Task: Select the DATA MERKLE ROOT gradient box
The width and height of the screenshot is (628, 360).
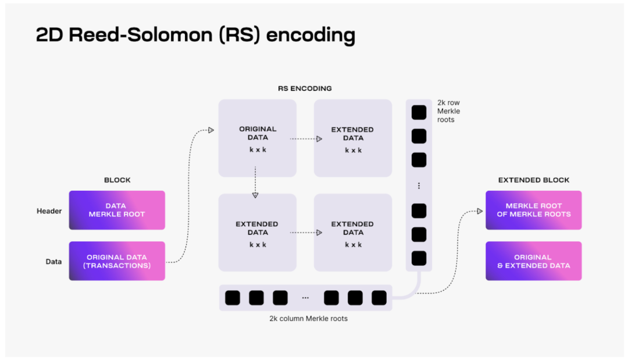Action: [117, 210]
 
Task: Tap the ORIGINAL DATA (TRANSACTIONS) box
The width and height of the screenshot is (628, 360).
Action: [117, 261]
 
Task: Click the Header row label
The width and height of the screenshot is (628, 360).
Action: [49, 211]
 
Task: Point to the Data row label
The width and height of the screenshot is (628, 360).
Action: [53, 262]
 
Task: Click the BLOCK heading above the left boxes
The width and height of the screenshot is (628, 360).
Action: [117, 180]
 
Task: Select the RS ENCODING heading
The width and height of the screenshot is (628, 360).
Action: [305, 89]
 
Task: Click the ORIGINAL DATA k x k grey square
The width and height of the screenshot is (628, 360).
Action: [258, 138]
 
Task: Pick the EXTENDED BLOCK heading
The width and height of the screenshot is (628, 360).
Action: [534, 180]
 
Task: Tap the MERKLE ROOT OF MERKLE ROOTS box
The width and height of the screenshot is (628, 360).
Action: [534, 210]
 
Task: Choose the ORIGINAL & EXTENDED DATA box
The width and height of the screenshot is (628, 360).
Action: [534, 261]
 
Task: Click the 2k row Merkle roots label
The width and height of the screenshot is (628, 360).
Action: [448, 111]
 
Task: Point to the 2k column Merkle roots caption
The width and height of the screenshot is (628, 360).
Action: [308, 319]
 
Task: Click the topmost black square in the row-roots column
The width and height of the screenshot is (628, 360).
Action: [419, 112]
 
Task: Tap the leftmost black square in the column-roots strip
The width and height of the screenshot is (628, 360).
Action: [232, 298]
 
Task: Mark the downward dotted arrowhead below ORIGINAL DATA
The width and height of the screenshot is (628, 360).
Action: [255, 195]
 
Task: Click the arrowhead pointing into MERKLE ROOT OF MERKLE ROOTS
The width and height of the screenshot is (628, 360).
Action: [480, 211]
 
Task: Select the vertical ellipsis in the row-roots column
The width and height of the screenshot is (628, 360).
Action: [419, 186]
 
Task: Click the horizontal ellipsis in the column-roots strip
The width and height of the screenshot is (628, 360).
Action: [305, 298]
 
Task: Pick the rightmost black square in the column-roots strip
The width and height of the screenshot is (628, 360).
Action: [379, 298]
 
